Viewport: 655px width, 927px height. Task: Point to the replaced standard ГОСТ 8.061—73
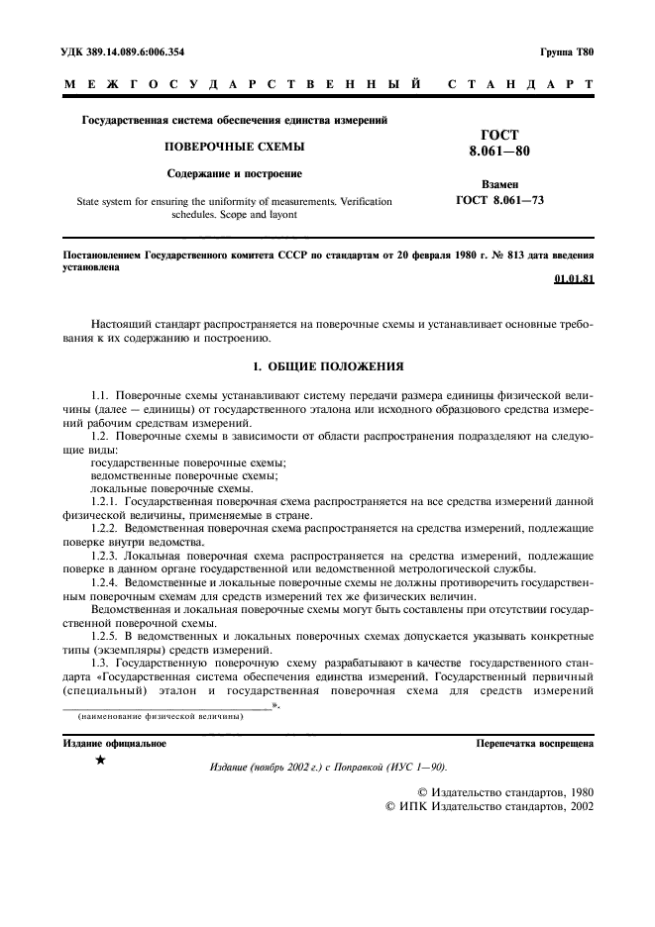coord(499,200)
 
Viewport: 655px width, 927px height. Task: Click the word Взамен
coord(499,184)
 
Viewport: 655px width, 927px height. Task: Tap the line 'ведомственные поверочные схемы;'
coord(170,475)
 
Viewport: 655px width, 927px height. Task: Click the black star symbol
coord(99,761)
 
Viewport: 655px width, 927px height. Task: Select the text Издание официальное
coord(114,742)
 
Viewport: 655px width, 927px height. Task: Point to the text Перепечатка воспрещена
coord(534,742)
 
